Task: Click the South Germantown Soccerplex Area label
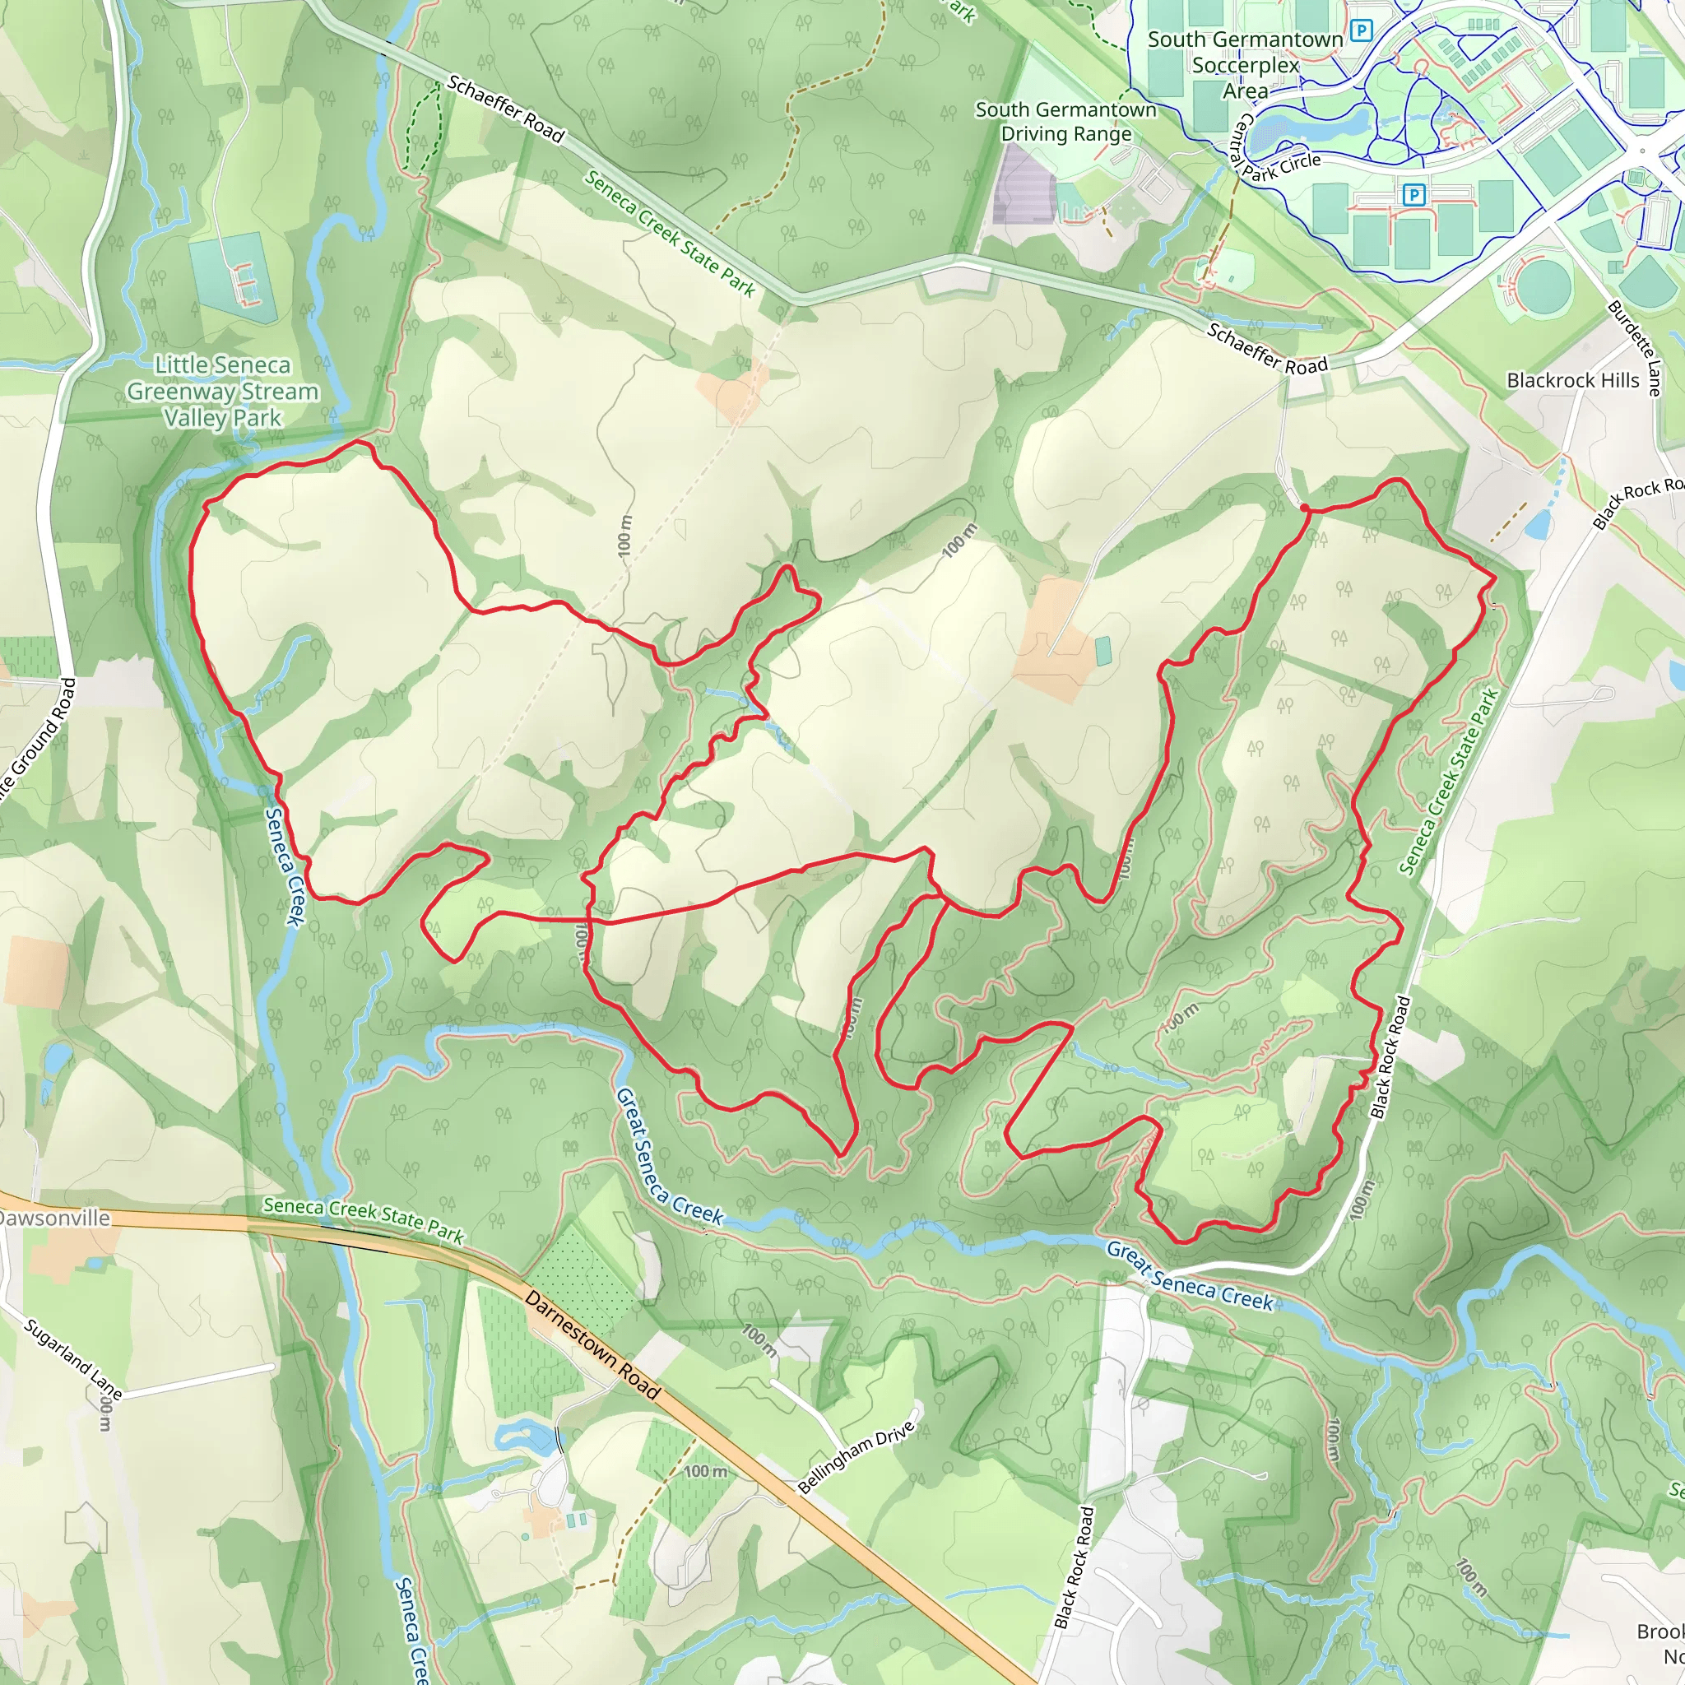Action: [x=1245, y=64]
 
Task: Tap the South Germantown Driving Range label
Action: [x=1065, y=121]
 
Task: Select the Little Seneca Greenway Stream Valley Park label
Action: [x=222, y=391]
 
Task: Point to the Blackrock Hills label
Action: [x=1572, y=380]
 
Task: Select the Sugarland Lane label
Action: [x=72, y=1358]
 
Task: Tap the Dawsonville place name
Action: [x=54, y=1218]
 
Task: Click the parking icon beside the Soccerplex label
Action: [x=1361, y=32]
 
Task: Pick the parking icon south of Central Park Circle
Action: [x=1413, y=194]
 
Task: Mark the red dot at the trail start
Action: [x=1304, y=508]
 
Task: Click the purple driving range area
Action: [x=1026, y=186]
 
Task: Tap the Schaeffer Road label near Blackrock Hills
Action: [x=1266, y=348]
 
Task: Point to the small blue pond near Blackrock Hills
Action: [x=1539, y=524]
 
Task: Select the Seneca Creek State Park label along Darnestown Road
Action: [x=364, y=1218]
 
